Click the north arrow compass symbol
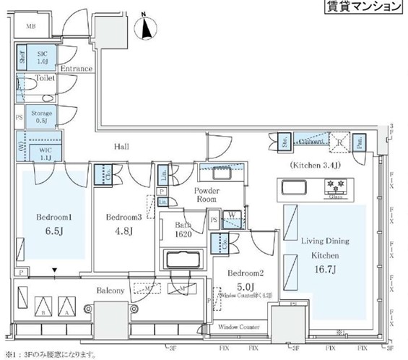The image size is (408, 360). pyautogui.click(x=149, y=27)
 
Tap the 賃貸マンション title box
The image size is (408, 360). pyautogui.click(x=359, y=7)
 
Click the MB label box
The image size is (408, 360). pyautogui.click(x=31, y=27)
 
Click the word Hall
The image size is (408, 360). pyautogui.click(x=121, y=146)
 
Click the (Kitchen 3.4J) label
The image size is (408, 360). pyautogui.click(x=316, y=166)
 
